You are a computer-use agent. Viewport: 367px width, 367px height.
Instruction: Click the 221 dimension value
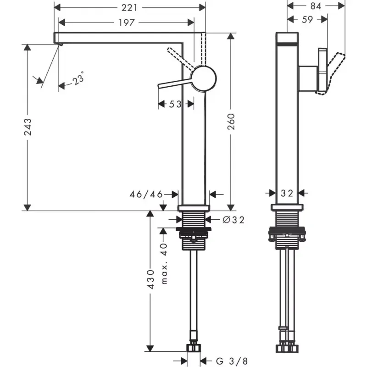tap(129, 8)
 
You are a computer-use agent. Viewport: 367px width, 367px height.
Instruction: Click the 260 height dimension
tap(232, 122)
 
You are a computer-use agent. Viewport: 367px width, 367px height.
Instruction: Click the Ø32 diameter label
tap(233, 220)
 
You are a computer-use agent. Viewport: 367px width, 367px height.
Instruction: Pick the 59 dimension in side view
tap(307, 20)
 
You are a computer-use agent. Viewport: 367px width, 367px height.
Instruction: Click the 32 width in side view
tap(287, 194)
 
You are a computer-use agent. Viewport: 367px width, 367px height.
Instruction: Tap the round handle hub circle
tap(204, 78)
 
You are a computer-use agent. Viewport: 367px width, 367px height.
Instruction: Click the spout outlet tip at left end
tap(58, 43)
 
